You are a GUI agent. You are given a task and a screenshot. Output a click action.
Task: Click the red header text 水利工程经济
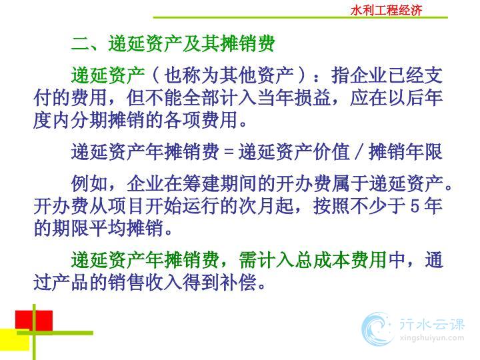386,10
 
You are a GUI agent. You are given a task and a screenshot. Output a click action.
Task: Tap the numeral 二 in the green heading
80,44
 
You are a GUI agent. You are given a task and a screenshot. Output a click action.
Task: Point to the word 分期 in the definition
89,120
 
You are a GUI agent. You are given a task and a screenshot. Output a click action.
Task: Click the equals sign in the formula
229,152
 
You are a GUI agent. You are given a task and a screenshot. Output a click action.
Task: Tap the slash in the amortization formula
359,152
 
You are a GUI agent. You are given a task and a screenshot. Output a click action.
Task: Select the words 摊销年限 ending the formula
405,152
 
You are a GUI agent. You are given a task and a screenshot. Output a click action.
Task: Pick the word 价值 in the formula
331,152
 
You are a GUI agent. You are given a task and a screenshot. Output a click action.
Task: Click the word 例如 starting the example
89,184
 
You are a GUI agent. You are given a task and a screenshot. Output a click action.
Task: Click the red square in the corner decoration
34,321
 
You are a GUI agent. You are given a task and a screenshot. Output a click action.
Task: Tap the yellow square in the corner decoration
15,339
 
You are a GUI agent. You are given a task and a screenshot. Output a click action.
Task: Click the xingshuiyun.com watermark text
431,338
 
